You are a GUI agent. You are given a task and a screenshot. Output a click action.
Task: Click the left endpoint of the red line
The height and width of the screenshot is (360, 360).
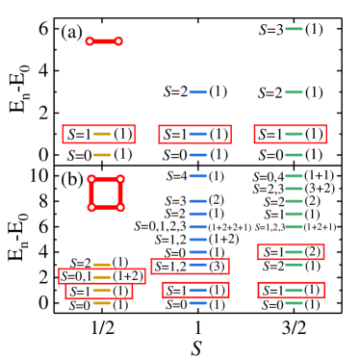(90, 41)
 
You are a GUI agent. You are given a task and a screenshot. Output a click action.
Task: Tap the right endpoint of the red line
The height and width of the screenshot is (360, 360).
(118, 41)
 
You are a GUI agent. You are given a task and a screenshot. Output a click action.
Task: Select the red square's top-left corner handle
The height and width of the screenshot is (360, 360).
(91, 179)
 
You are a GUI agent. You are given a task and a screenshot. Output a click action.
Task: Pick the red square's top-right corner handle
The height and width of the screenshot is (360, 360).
(120, 179)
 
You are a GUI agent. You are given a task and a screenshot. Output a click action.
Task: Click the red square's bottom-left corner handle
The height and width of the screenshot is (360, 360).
(91, 207)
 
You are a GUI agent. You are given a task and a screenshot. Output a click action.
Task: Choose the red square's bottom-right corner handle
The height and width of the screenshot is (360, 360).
(120, 207)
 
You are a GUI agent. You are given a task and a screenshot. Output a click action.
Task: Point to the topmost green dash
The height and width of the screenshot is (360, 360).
(294, 29)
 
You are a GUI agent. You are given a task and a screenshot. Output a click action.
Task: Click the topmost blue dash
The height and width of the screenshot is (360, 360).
(198, 92)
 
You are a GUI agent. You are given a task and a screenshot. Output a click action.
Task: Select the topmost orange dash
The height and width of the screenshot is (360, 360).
(102, 134)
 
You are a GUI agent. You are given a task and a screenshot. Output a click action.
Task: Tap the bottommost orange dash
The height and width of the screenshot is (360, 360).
(102, 303)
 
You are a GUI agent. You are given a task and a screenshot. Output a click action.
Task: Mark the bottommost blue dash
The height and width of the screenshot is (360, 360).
(198, 303)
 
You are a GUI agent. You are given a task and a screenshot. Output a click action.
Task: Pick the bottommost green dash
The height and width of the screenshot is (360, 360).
(294, 303)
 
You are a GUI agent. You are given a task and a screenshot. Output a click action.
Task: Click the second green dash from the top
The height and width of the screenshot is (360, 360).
(294, 92)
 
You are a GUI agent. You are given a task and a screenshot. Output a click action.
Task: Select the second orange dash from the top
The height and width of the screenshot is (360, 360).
(102, 155)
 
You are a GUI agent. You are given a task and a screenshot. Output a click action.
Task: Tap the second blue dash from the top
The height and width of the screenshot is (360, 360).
(198, 134)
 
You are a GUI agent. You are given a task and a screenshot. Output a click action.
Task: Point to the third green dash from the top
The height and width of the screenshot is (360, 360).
(294, 134)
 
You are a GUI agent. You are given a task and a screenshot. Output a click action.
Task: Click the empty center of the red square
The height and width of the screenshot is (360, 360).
(106, 193)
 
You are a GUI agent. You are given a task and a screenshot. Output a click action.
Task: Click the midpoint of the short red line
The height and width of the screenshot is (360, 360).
(104, 41)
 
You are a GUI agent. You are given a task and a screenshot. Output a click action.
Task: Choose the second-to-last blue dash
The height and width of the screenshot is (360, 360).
(198, 290)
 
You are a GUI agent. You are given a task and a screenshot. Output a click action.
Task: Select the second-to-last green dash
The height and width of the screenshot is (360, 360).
(294, 290)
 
